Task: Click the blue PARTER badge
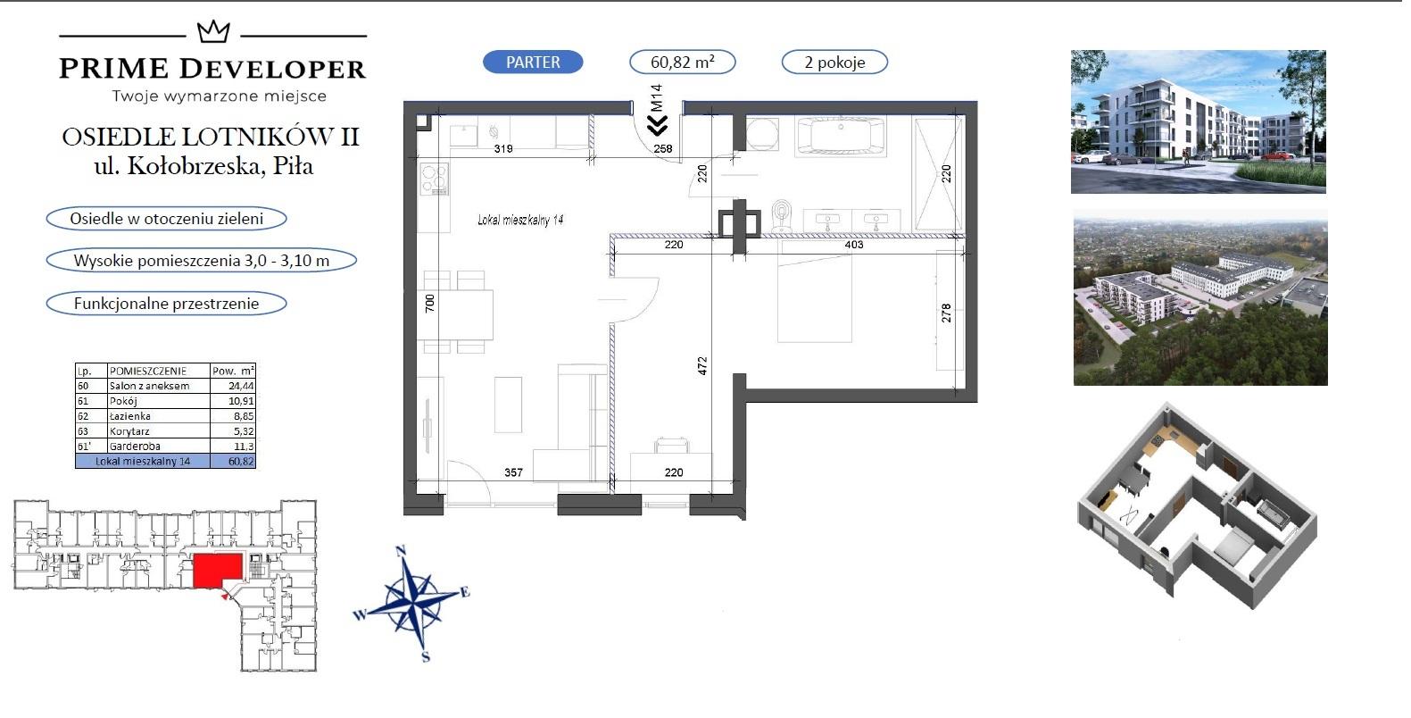pyautogui.click(x=533, y=62)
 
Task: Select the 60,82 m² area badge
pyautogui.click(x=682, y=62)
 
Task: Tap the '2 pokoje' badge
pyautogui.click(x=834, y=62)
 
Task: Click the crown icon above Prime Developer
pyautogui.click(x=213, y=31)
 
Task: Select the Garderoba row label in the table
pyautogui.click(x=135, y=446)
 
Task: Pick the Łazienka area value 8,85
pyautogui.click(x=241, y=416)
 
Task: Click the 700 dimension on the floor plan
pyautogui.click(x=429, y=304)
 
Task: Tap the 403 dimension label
pyautogui.click(x=854, y=245)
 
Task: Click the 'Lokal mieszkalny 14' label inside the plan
pyautogui.click(x=520, y=220)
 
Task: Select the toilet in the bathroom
pyautogui.click(x=782, y=214)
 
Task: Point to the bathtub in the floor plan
pyautogui.click(x=841, y=136)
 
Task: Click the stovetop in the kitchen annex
pyautogui.click(x=434, y=179)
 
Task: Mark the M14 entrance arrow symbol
pyautogui.click(x=657, y=125)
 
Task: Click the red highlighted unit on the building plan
pyautogui.click(x=217, y=571)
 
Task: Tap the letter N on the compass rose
pyautogui.click(x=401, y=551)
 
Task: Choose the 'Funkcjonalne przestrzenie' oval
pyautogui.click(x=166, y=304)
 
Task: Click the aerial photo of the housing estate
pyautogui.click(x=1200, y=297)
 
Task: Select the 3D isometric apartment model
pyautogui.click(x=1197, y=506)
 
